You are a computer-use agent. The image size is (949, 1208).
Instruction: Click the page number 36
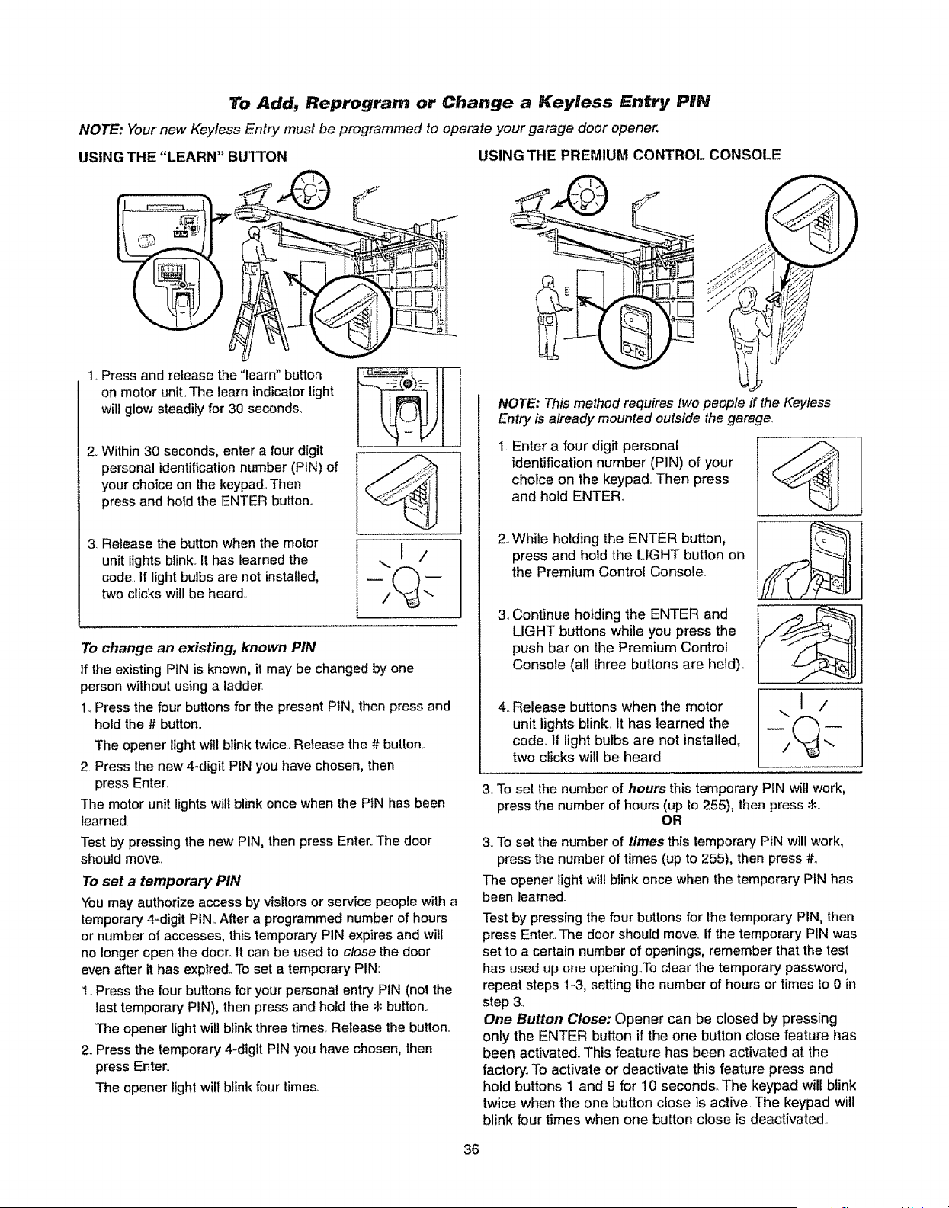tap(471, 1149)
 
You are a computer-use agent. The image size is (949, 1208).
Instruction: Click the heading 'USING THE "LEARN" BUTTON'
tap(183, 156)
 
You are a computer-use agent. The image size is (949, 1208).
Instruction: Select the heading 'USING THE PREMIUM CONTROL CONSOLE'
tap(630, 155)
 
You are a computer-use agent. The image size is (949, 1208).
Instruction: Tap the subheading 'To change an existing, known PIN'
tap(198, 648)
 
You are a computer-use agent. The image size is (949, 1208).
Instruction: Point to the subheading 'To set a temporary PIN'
tap(161, 881)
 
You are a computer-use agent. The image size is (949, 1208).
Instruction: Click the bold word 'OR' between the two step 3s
tap(672, 821)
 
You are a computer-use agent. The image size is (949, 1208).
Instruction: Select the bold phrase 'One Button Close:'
tap(547, 1019)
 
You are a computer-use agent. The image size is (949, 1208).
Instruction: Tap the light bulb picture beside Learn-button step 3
tap(409, 578)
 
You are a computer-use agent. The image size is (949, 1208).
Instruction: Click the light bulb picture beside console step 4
tap(810, 728)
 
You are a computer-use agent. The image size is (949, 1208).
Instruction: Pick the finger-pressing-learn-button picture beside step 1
tap(409, 407)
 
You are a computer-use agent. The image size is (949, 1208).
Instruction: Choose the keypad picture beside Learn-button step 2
tap(409, 493)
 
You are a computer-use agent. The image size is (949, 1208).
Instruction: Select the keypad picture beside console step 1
tap(810, 476)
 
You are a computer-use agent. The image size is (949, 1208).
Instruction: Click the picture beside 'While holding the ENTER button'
tap(810, 560)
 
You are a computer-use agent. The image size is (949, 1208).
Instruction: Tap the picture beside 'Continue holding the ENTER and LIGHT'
tap(810, 644)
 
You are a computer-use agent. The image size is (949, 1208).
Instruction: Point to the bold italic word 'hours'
tap(647, 789)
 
